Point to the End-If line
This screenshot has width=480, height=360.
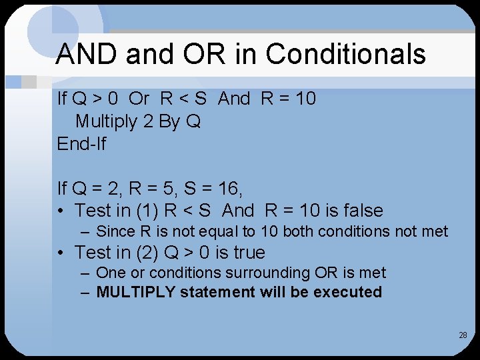81,143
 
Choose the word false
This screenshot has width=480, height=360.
363,211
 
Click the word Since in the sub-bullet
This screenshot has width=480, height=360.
114,232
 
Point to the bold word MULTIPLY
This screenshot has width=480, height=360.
136,292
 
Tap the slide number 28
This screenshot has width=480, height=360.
463,335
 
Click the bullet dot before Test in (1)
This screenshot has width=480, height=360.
61,211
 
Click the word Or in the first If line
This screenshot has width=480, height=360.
139,99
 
